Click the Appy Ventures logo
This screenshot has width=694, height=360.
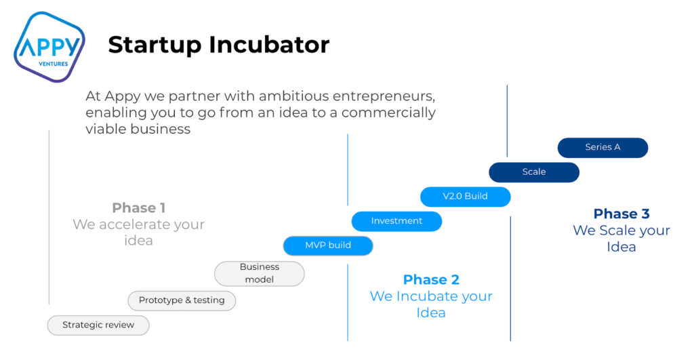[x=49, y=47]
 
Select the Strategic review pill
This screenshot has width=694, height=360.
[x=98, y=325]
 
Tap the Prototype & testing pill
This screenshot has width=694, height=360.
[x=182, y=300]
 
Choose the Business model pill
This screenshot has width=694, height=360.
[x=260, y=273]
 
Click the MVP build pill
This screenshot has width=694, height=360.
[x=328, y=245]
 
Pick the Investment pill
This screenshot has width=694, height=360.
[x=396, y=221]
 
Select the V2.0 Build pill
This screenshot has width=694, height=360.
[x=465, y=197]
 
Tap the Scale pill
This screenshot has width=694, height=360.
[x=534, y=172]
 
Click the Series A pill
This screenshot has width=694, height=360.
[x=603, y=147]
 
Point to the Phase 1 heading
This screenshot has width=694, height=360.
[x=139, y=208]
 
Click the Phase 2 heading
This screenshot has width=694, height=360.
[x=431, y=279]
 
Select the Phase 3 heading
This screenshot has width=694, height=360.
[x=621, y=214]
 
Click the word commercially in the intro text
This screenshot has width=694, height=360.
[x=388, y=112]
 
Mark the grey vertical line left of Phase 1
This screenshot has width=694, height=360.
[x=49, y=217]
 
